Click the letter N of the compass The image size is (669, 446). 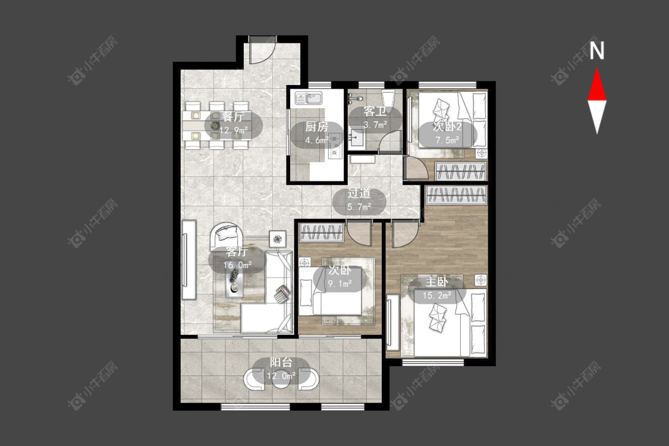click(x=597, y=51)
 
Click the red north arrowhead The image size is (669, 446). click(x=597, y=86)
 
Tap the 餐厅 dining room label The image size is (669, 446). click(x=233, y=117)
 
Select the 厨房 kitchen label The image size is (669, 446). click(x=316, y=127)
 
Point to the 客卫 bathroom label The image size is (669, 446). click(x=375, y=111)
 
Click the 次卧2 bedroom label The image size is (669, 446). click(x=447, y=126)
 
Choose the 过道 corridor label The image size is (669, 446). click(x=359, y=193)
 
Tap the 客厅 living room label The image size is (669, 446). click(x=237, y=252)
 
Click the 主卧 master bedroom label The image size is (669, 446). click(x=436, y=282)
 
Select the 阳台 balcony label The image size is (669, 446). click(x=281, y=362)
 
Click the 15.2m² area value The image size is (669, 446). click(x=437, y=295)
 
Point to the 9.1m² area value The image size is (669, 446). click(x=340, y=283)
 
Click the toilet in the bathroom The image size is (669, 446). click(x=388, y=99)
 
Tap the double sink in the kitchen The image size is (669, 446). click(x=309, y=99)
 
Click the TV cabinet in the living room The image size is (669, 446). click(x=189, y=260)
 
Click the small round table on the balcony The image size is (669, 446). click(x=281, y=380)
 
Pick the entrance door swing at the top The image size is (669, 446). click(x=261, y=51)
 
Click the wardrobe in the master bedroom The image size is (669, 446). click(x=457, y=195)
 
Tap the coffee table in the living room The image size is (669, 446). click(x=235, y=284)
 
